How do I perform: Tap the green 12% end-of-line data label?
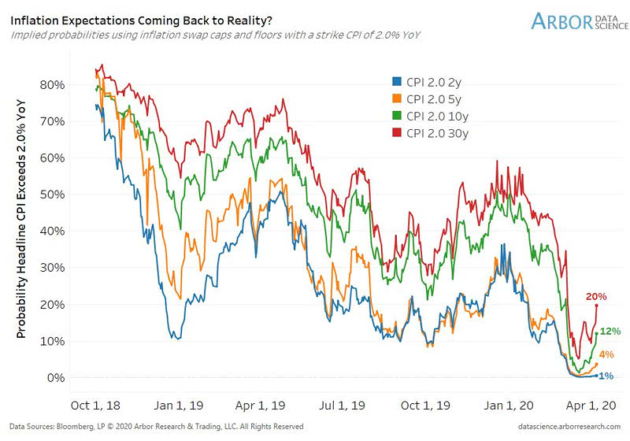(610, 332)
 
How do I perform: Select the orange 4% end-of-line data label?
(607, 356)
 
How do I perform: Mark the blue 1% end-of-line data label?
(606, 376)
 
